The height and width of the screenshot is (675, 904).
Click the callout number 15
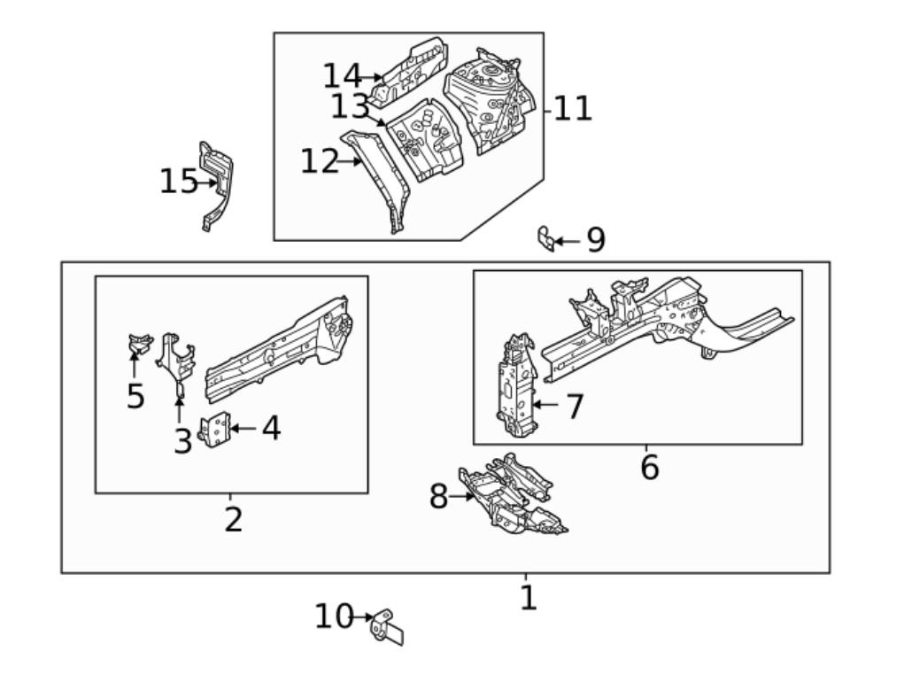point(178,182)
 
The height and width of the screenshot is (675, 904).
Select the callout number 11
point(573,109)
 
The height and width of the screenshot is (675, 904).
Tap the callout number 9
point(596,240)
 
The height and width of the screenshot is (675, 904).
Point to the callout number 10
point(334,617)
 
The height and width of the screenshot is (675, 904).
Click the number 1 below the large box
point(528,598)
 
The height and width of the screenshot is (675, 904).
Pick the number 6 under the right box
point(649,467)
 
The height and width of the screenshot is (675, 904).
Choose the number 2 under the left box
point(233,520)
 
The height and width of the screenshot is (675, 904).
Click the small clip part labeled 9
point(546,238)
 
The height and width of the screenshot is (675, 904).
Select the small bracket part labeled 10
point(388,625)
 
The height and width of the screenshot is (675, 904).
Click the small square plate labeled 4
point(217,431)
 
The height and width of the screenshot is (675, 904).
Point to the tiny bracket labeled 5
point(139,343)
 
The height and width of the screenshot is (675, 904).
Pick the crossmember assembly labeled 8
point(511,498)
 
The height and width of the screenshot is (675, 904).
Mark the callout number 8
point(438,497)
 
